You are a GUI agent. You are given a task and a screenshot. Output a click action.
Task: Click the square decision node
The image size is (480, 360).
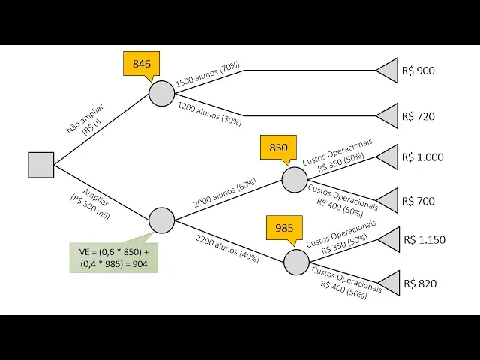pyautogui.click(x=40, y=165)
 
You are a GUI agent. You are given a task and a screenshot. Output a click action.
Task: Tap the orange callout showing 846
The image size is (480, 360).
pyautogui.click(x=142, y=64)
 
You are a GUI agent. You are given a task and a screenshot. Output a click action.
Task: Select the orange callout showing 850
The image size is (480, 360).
pyautogui.click(x=278, y=148)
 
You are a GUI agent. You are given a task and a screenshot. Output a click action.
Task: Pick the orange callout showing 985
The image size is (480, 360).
pyautogui.click(x=284, y=228)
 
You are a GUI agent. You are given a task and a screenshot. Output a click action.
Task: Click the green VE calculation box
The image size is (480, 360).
pyautogui.click(x=114, y=256)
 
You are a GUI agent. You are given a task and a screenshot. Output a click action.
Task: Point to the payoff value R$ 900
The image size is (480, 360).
pyautogui.click(x=418, y=71)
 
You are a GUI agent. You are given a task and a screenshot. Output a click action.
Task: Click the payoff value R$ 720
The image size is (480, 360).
pyautogui.click(x=418, y=116)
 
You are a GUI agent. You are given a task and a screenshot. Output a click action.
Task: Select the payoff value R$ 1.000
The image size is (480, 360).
pyautogui.click(x=423, y=157)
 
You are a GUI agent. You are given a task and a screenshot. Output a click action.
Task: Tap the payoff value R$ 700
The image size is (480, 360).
pyautogui.click(x=418, y=201)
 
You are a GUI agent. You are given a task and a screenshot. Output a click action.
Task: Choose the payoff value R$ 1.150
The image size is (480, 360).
pyautogui.click(x=424, y=240)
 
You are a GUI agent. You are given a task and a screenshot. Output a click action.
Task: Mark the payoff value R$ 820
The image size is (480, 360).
pyautogui.click(x=420, y=283)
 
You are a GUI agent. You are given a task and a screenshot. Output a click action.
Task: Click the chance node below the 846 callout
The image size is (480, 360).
pyautogui.click(x=161, y=93)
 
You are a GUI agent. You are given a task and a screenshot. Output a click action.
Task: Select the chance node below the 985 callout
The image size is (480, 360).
pyautogui.click(x=296, y=262)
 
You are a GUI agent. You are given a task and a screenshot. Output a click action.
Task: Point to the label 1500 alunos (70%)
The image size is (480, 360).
pyautogui.click(x=208, y=74)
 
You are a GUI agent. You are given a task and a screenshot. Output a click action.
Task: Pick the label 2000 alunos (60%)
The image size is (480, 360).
pyautogui.click(x=225, y=193)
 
